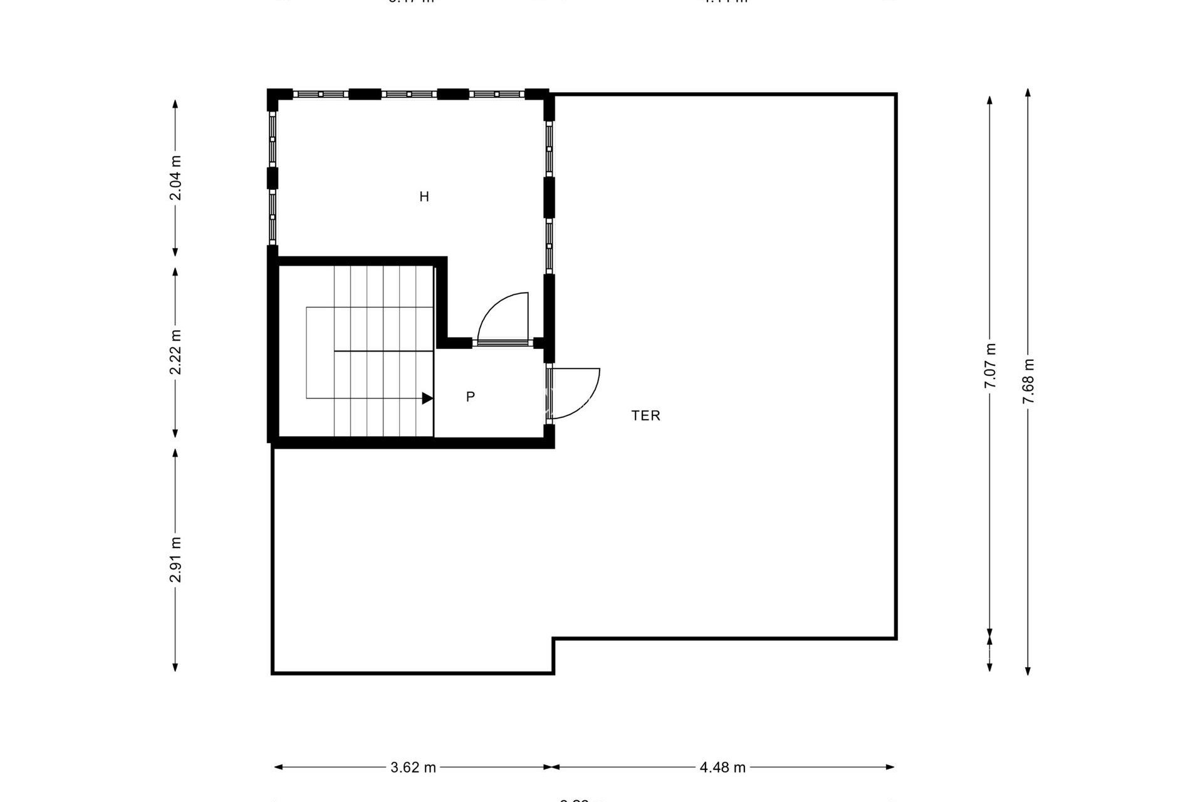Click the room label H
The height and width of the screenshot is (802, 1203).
424,197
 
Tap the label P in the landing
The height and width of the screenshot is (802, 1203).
471,397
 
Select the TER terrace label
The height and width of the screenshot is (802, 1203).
645,415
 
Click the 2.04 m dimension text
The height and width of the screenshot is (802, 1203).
176,178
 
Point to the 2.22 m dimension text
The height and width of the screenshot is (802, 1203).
176,352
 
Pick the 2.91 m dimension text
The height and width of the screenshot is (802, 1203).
176,560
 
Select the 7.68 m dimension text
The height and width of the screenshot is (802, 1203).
1028,382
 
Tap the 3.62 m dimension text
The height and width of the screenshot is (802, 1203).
413,768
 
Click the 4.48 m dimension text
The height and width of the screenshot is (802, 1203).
722,768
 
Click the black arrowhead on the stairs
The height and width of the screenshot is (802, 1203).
427,398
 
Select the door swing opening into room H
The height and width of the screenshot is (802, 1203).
501,316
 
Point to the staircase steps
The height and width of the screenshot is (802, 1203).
382,351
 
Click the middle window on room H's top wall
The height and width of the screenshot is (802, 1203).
409,94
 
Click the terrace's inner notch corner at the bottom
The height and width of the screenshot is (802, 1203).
553,639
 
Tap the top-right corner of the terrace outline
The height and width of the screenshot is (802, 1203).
896,95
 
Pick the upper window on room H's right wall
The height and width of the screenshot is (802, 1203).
549,148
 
